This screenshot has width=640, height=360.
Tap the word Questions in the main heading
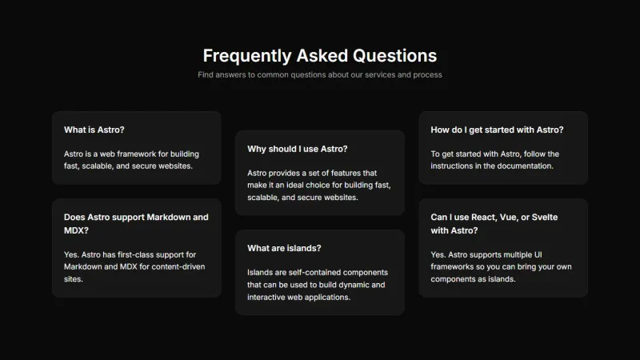point(394,55)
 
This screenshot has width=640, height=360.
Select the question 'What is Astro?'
point(94,130)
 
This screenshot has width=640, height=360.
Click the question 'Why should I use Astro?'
point(297,149)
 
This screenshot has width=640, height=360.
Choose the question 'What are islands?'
point(284,248)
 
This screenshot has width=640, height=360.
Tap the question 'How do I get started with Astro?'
point(497,130)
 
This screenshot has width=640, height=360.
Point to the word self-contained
point(310,272)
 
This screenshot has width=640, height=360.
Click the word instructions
point(454,166)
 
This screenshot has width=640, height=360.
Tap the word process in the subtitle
point(426,74)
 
